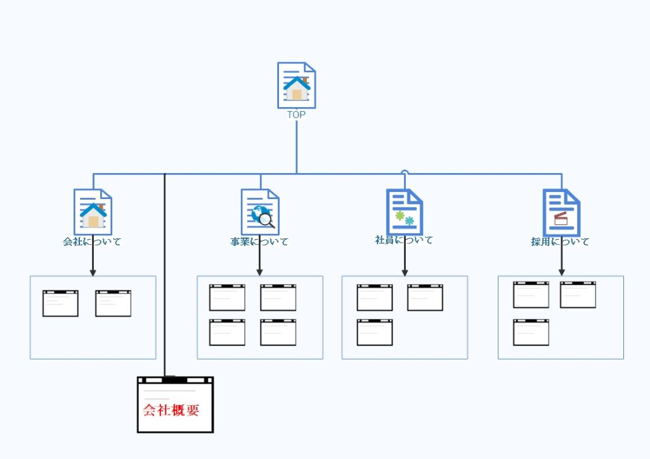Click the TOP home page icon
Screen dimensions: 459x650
[x=296, y=85]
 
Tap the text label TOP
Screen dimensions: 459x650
[x=296, y=115]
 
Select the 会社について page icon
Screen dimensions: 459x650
[x=93, y=212]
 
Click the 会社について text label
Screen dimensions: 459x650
[x=93, y=242]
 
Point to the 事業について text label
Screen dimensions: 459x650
[x=259, y=242]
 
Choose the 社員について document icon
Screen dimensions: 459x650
[x=405, y=212]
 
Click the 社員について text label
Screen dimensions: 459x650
[x=404, y=240]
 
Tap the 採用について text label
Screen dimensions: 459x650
[x=561, y=242]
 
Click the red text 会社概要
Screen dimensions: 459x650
[x=171, y=410]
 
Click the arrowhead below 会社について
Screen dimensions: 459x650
[x=93, y=273]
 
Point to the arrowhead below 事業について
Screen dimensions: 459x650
[x=259, y=273]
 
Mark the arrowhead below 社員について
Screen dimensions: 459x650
[x=405, y=273]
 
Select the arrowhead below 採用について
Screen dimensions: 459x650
[x=561, y=273]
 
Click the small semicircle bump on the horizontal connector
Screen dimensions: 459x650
[x=405, y=172]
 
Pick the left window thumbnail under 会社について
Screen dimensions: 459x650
[x=60, y=303]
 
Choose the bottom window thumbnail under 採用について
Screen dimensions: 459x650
[x=531, y=332]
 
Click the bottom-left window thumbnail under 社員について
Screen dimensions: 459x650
[x=374, y=332]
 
